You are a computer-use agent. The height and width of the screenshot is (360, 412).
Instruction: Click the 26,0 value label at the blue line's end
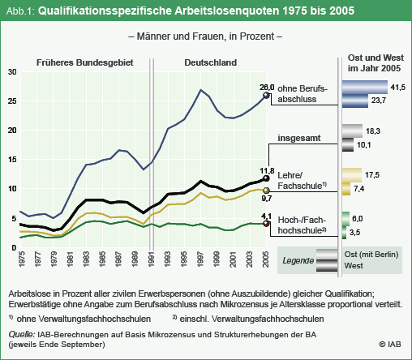267,88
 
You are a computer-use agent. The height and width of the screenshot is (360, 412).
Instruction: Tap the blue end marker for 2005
266,95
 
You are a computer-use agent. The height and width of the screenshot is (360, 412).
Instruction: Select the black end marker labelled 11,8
266,178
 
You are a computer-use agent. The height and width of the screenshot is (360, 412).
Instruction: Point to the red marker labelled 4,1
266,224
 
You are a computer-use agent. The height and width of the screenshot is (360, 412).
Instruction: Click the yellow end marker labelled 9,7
266,191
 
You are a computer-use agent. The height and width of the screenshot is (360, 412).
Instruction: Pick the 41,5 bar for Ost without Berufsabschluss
365,87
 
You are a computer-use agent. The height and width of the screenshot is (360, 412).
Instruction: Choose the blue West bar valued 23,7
355,101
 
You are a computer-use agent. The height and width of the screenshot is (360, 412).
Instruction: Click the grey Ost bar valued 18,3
352,131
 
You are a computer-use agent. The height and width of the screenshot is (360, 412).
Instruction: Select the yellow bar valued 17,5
352,175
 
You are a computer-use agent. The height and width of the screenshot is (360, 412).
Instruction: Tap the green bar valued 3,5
344,233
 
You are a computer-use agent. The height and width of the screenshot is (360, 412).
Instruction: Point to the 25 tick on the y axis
12,101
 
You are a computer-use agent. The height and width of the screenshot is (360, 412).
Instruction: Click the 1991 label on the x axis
151,259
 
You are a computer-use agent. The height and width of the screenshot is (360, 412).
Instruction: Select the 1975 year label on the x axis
21,259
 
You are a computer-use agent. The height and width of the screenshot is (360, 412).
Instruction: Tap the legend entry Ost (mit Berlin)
371,255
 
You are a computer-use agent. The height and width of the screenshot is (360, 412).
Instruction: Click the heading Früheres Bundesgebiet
85,62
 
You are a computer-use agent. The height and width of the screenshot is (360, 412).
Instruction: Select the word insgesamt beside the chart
299,138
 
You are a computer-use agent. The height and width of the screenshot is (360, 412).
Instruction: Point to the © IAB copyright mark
390,344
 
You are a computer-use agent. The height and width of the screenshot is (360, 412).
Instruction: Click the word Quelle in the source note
22,334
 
